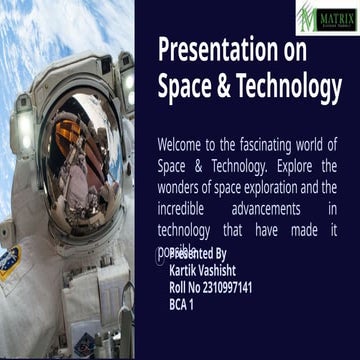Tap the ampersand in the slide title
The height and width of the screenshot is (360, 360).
(219, 88)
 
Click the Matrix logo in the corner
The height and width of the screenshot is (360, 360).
(327, 16)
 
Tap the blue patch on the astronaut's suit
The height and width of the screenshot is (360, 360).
(9, 263)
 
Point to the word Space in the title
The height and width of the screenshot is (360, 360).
(182, 88)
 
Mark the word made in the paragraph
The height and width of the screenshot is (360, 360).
(292, 229)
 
